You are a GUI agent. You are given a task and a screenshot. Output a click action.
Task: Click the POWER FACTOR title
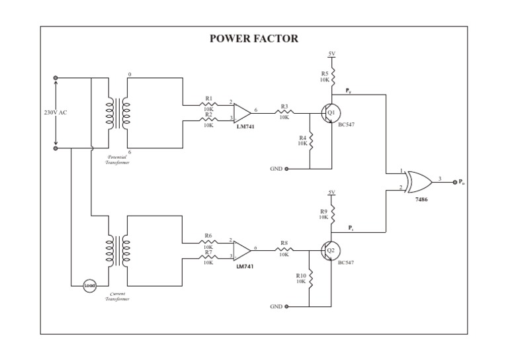254,38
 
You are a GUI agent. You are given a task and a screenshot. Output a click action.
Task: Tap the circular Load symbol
89,286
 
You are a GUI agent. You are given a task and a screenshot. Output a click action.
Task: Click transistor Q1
331,113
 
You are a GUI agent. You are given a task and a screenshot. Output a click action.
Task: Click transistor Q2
331,251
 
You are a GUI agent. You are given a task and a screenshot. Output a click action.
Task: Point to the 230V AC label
56,112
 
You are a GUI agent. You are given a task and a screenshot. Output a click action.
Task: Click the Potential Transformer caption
118,159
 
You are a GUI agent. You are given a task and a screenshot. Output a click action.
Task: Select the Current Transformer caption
118,296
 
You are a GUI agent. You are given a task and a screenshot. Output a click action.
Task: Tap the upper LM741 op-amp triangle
241,112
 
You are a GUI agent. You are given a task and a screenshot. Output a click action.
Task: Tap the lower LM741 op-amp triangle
241,251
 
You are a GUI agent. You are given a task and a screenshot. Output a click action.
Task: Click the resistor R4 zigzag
310,140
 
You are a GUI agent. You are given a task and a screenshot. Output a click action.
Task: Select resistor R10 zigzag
310,278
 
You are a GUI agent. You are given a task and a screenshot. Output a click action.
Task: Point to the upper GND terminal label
276,169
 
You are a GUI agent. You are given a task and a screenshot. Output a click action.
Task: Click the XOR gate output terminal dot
454,181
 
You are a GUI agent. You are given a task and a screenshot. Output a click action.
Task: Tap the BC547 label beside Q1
346,124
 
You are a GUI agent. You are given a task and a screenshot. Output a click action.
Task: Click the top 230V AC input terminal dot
56,78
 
